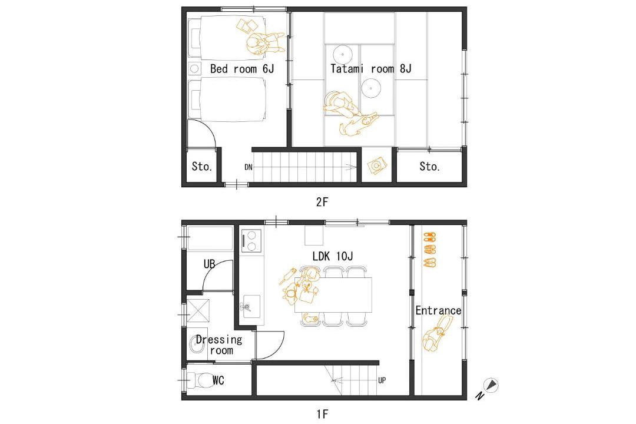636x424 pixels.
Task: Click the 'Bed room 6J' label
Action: (242, 68)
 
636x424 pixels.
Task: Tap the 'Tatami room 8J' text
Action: (371, 68)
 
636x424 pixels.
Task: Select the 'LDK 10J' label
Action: (333, 256)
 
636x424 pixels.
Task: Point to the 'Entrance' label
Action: (438, 311)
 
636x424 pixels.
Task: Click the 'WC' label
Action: (218, 380)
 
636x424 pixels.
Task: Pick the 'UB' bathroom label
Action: (209, 264)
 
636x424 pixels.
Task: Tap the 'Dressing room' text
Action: (219, 345)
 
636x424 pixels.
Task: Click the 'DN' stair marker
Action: (249, 167)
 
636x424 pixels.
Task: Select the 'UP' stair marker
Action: (382, 380)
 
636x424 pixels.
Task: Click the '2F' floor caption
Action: (322, 201)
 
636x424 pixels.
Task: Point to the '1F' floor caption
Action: (322, 414)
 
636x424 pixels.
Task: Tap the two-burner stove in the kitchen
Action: (251, 241)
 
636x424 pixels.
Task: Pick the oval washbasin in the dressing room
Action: (196, 345)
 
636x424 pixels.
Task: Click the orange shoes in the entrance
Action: (429, 250)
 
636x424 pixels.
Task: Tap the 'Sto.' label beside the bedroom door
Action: (201, 166)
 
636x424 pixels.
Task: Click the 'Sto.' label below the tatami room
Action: (429, 166)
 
